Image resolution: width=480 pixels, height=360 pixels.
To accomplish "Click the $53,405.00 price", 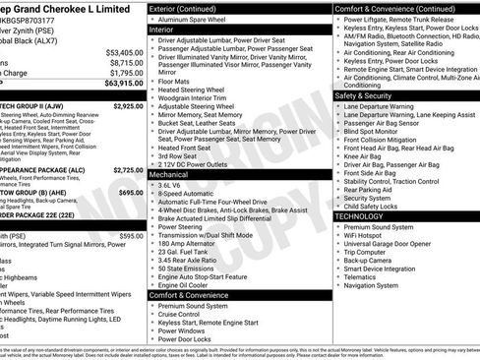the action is click(124, 52).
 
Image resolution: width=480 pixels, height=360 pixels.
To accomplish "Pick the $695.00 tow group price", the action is click(131, 193).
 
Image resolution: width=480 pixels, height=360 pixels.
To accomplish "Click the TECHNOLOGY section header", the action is click(359, 215).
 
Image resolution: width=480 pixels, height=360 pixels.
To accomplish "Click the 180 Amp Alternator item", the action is click(191, 244).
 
